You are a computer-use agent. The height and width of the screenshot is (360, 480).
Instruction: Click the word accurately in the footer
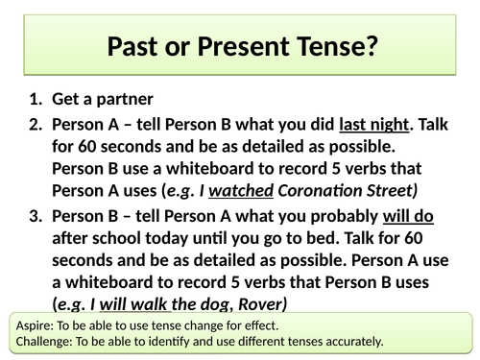click(351, 340)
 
